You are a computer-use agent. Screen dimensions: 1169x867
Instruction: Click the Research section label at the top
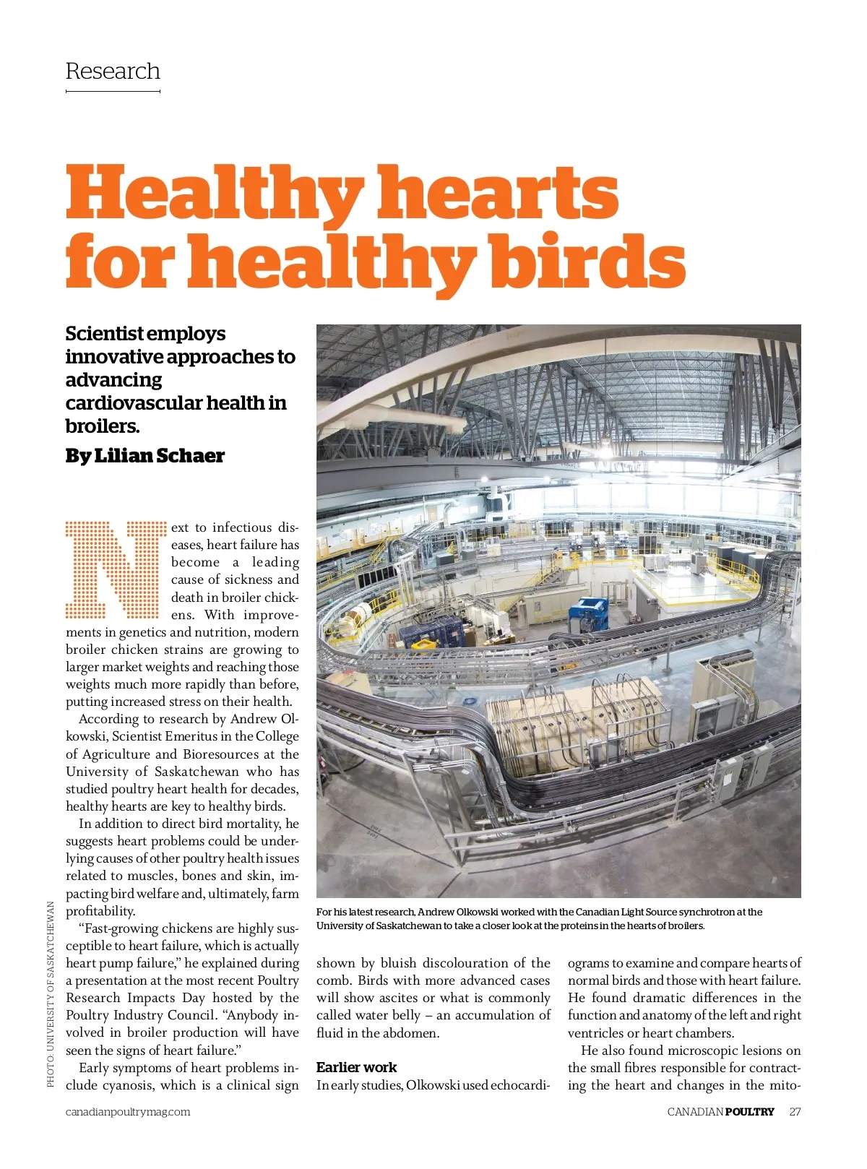pyautogui.click(x=113, y=72)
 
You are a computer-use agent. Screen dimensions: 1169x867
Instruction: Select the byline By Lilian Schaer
pyautogui.click(x=144, y=456)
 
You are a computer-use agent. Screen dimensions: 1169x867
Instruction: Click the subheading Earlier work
pyautogui.click(x=356, y=1067)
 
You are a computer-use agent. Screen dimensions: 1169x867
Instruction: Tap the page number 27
pyautogui.click(x=795, y=1112)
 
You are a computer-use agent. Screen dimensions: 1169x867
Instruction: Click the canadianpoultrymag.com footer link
pyautogui.click(x=128, y=1112)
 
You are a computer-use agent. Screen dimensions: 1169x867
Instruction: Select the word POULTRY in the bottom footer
pyautogui.click(x=749, y=1112)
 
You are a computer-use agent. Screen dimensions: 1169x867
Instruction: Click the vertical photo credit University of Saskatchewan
pyautogui.click(x=51, y=993)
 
